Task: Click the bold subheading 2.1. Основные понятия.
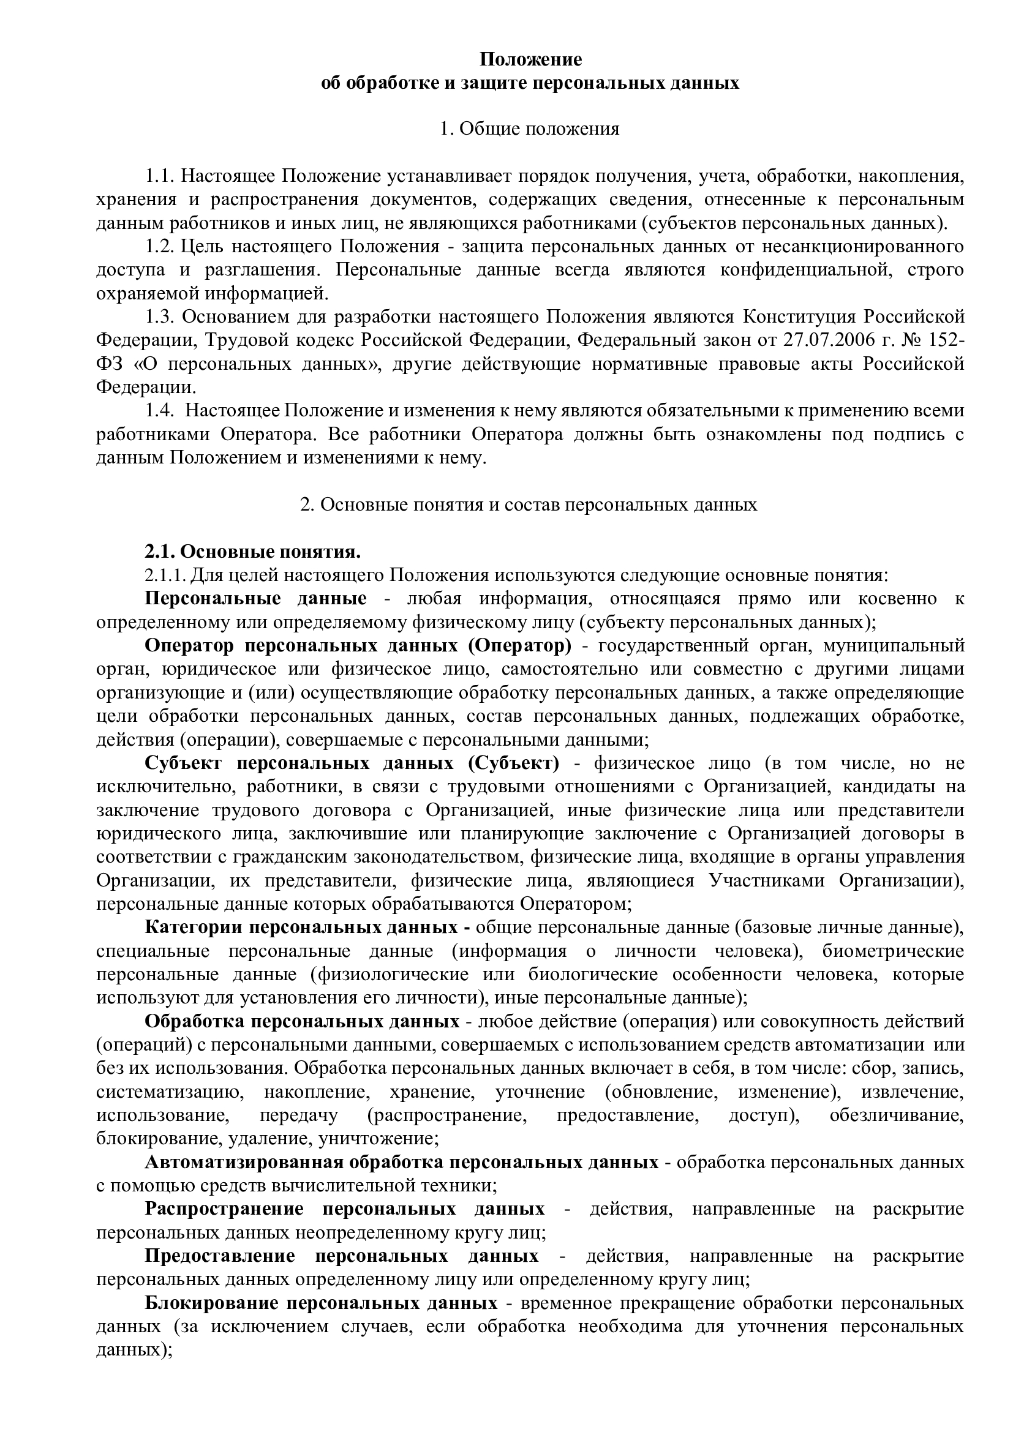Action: (x=254, y=552)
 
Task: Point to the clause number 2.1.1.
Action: (x=165, y=575)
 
